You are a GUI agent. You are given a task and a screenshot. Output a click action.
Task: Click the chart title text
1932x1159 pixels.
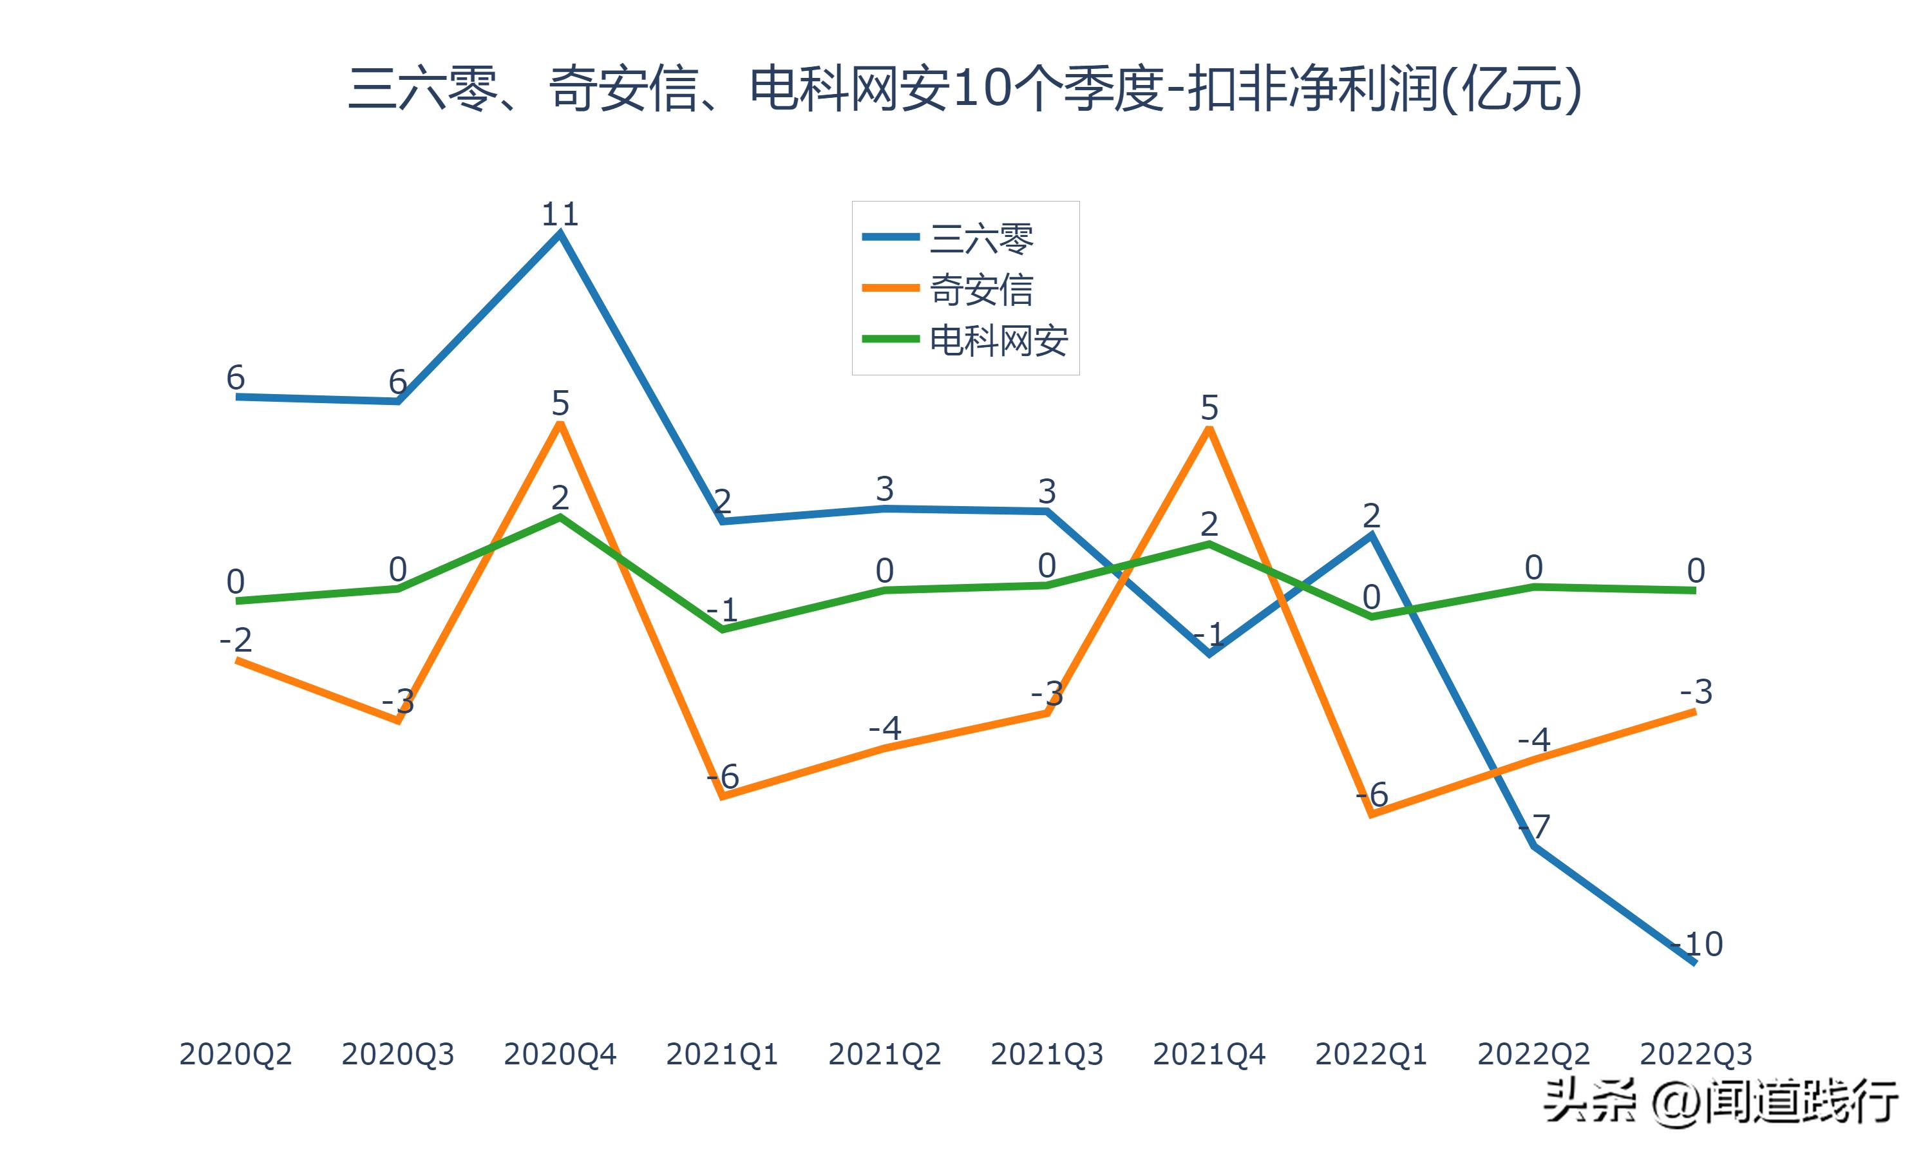pos(965,88)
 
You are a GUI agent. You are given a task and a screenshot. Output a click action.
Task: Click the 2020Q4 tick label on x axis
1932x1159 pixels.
pos(560,1054)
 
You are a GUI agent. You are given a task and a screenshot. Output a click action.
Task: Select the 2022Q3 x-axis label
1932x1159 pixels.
pos(1696,1054)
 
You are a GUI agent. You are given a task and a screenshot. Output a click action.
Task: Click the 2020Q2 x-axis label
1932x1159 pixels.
pos(235,1054)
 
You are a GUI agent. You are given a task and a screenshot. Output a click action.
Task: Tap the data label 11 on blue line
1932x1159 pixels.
pos(560,214)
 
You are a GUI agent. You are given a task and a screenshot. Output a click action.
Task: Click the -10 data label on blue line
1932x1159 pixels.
pos(1697,944)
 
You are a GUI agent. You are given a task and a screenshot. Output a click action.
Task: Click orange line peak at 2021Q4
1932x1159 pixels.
pos(1209,429)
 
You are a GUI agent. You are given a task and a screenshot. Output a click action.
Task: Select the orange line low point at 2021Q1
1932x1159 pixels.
pos(723,796)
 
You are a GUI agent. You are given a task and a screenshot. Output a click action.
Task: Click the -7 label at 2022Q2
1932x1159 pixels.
pos(1534,825)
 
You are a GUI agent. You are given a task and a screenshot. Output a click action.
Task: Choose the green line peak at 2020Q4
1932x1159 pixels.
pos(560,517)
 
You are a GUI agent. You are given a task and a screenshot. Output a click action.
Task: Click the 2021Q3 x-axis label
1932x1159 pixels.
pos(1046,1054)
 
